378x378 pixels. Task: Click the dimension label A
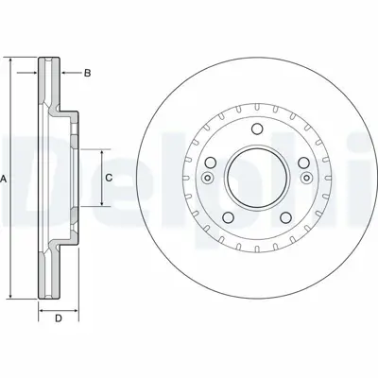click(x=6, y=179)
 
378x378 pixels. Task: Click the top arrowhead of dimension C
click(x=100, y=151)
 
